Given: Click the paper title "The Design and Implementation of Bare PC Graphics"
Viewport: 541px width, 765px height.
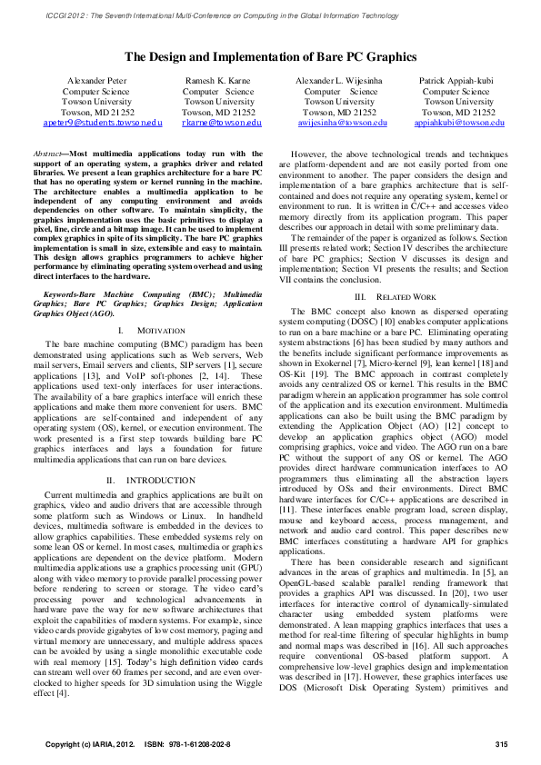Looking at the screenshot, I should [270, 56].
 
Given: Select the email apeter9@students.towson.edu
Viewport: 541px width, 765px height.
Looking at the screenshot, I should [103, 122].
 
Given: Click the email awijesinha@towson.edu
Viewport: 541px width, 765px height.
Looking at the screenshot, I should [342, 122].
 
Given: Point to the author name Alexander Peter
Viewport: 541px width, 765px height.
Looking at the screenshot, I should [99, 82].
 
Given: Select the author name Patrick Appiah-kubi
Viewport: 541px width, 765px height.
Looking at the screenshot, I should [456, 82].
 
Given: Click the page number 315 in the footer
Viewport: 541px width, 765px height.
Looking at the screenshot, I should [501, 746].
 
